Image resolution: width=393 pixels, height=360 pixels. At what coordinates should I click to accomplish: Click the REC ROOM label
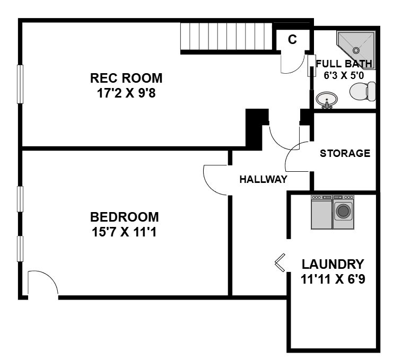[x=126, y=78]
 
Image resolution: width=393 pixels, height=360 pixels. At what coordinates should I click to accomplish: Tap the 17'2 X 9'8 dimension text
[x=126, y=93]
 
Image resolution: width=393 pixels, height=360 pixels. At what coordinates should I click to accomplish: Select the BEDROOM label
[x=124, y=217]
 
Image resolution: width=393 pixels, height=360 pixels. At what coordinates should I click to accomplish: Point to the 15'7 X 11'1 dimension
[x=124, y=232]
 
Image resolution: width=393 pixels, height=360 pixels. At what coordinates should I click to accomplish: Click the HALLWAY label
[x=263, y=179]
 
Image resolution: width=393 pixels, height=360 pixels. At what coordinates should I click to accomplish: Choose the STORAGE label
[x=345, y=153]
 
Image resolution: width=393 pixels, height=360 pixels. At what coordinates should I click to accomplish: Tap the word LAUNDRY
[x=333, y=264]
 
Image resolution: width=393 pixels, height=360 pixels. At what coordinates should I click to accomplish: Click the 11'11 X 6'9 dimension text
[x=333, y=279]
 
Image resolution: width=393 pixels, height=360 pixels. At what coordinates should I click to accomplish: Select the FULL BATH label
[x=344, y=64]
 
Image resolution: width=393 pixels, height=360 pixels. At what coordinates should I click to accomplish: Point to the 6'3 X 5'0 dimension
[x=344, y=75]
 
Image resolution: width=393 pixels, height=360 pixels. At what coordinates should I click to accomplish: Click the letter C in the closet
[x=292, y=39]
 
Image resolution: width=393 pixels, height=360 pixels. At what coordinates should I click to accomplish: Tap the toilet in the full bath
[x=363, y=91]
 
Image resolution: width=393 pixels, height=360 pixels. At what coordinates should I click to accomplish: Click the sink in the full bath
[x=327, y=100]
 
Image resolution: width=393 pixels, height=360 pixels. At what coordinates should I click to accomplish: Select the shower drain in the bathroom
[x=356, y=50]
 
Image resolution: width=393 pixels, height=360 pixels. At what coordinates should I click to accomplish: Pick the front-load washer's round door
[x=343, y=210]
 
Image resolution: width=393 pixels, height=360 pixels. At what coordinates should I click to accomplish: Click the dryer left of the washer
[x=321, y=212]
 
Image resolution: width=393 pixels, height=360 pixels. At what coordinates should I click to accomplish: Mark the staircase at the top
[x=226, y=37]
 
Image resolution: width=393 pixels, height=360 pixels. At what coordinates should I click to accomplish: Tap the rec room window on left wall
[x=20, y=84]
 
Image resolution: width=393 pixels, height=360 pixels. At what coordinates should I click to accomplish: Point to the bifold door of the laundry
[x=280, y=262]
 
